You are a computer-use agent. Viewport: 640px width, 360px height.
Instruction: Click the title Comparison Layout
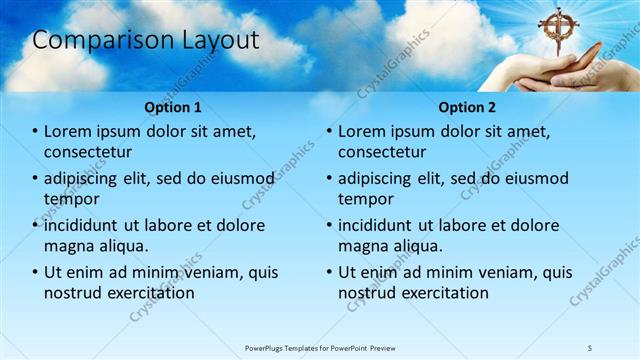146,40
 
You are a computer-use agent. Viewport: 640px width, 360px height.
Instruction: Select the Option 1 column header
173,106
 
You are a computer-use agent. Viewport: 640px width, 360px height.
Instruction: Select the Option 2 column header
466,106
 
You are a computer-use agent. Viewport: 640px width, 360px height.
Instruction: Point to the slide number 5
590,347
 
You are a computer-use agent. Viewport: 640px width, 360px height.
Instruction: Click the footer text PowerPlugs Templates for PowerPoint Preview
320,347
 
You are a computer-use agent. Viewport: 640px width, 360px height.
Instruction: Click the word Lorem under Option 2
363,132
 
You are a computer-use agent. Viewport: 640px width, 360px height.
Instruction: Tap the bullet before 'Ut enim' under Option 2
329,272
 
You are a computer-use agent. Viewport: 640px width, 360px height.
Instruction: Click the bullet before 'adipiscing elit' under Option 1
36,179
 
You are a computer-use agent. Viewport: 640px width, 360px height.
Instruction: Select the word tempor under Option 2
366,200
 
